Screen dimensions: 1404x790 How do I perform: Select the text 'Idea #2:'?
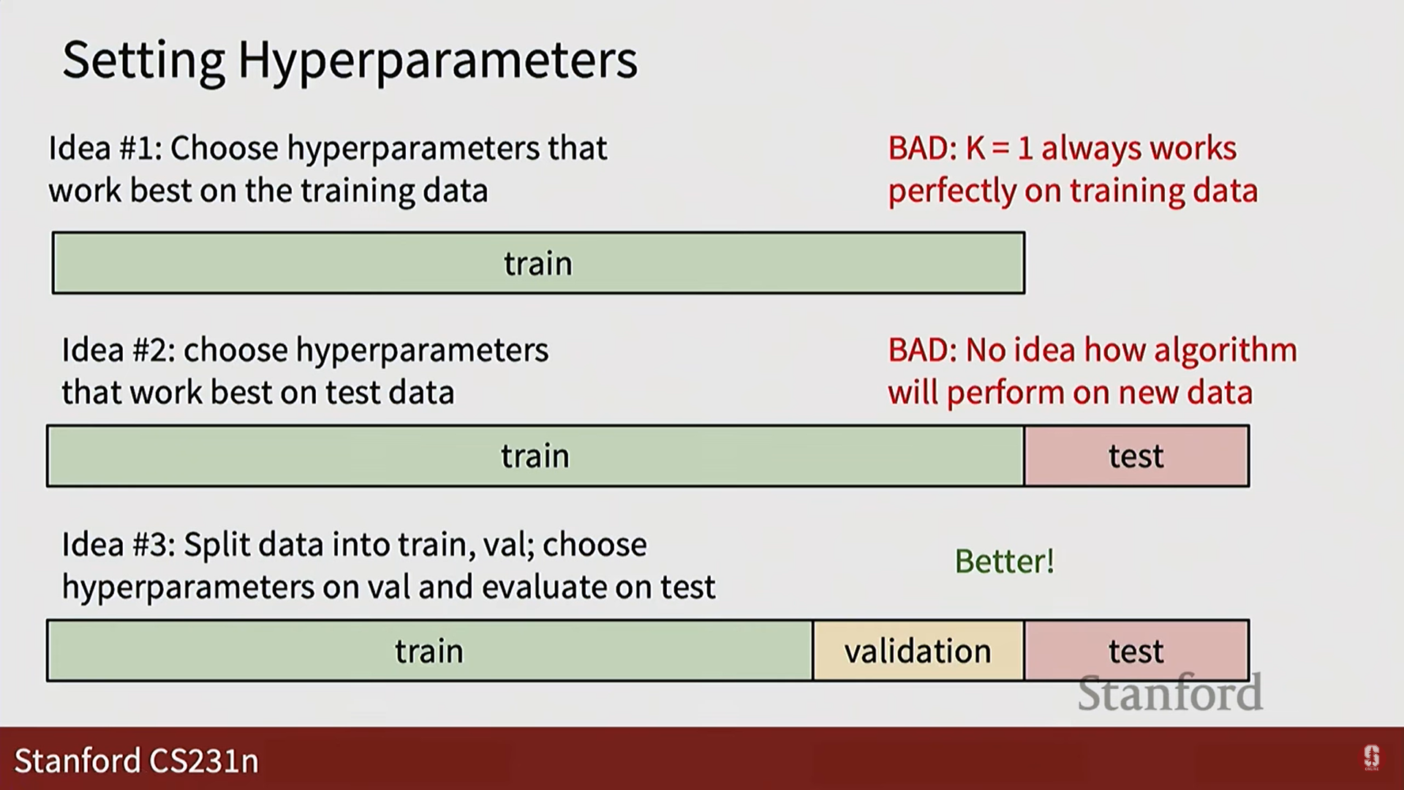[118, 350]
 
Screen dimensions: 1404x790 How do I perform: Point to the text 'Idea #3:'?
[118, 545]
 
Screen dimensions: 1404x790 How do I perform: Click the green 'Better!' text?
[1005, 562]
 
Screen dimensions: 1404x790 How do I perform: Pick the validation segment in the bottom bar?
[918, 651]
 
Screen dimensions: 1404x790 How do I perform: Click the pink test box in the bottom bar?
[1136, 651]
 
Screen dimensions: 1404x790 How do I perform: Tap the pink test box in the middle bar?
[1136, 456]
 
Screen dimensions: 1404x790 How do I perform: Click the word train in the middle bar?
[535, 456]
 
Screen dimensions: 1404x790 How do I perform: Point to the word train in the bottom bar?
[429, 651]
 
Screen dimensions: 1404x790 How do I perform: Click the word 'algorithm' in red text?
[1226, 351]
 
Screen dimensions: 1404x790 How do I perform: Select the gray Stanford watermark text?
[1170, 693]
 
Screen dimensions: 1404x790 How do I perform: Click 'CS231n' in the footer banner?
[203, 761]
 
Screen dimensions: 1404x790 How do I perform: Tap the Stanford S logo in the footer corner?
[1372, 757]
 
